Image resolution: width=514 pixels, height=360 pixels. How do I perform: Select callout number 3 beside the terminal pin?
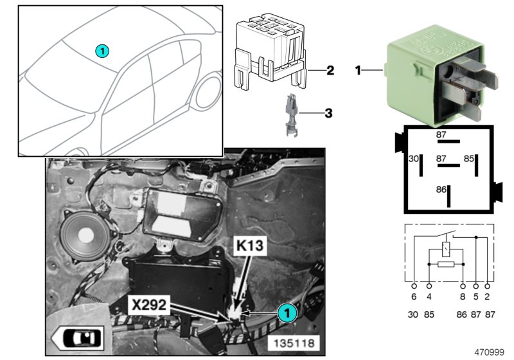[328, 114]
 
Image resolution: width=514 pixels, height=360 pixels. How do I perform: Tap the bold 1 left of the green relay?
[359, 69]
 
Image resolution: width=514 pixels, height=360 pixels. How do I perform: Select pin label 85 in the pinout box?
[469, 158]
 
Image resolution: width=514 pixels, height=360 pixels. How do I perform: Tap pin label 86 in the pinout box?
[440, 190]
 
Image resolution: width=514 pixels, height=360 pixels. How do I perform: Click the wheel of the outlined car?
[211, 91]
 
